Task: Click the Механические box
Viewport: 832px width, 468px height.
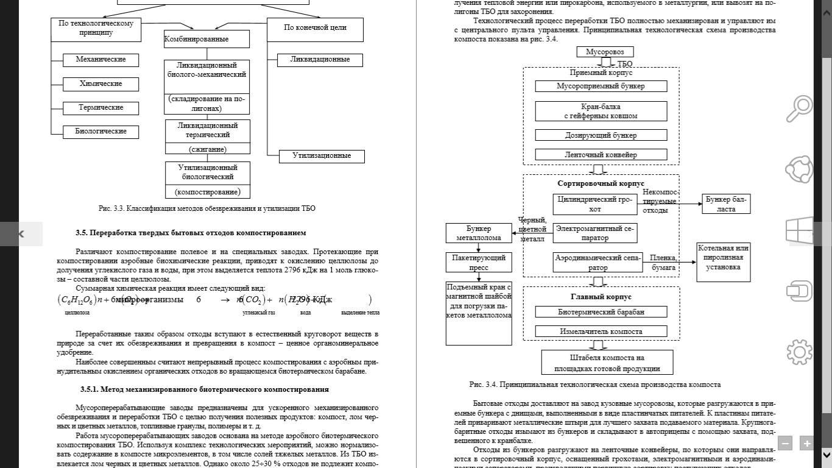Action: pos(101,60)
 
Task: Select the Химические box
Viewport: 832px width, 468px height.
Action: pos(101,83)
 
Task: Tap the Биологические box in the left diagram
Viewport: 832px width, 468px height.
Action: pos(101,132)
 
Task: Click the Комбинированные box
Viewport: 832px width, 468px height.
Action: pos(206,40)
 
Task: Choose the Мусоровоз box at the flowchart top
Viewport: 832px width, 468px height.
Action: pos(605,52)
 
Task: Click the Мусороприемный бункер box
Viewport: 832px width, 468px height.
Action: pos(601,86)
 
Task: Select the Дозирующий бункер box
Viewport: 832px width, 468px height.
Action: pos(601,135)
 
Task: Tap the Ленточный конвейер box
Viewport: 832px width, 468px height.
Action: pos(601,155)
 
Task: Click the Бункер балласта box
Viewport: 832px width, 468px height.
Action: pos(726,204)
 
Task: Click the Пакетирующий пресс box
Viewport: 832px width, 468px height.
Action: pos(479,262)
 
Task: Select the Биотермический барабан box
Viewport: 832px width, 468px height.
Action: pos(601,312)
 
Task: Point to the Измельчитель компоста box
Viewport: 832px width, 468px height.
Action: pos(601,331)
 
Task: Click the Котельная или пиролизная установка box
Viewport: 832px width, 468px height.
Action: pos(724,262)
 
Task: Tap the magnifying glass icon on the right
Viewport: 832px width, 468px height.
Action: pos(799,109)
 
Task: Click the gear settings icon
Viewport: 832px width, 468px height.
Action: pos(799,352)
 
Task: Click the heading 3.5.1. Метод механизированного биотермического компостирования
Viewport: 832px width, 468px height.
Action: pos(204,389)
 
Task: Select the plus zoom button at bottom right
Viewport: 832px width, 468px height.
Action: pos(807,444)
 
